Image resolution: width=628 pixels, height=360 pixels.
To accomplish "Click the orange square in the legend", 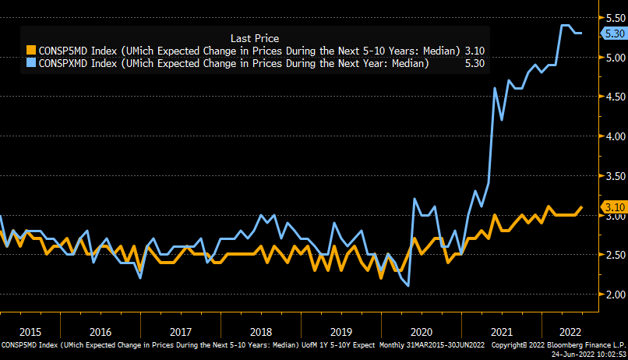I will pyautogui.click(x=31, y=51).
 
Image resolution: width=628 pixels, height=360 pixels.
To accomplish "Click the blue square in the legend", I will pyautogui.click(x=31, y=64).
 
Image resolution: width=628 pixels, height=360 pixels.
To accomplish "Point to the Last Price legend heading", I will pyautogui.click(x=255, y=37).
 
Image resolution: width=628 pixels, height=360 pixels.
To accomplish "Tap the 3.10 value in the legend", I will pyautogui.click(x=475, y=51).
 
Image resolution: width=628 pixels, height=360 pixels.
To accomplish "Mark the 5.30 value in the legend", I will pyautogui.click(x=475, y=64).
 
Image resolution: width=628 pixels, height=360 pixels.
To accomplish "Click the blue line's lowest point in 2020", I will pyautogui.click(x=408, y=286).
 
